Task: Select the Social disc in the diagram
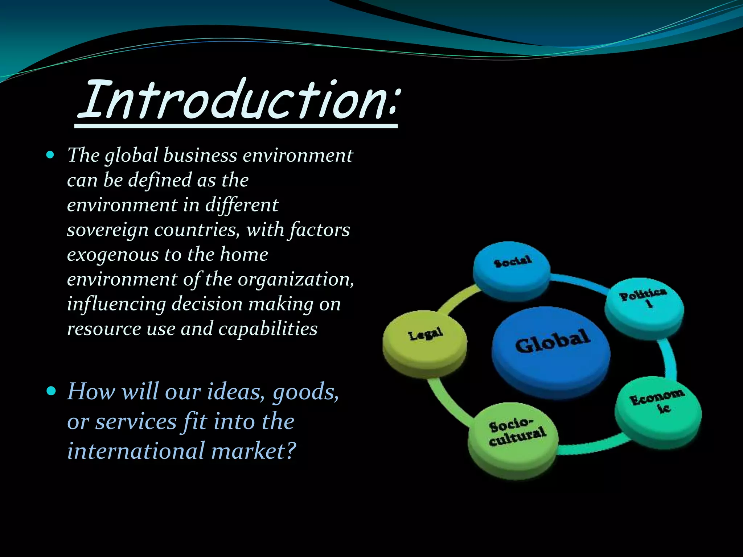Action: (512, 268)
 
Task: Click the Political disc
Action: (644, 305)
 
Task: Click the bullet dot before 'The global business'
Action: (50, 156)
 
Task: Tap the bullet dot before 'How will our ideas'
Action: (51, 391)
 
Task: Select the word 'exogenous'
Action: (113, 255)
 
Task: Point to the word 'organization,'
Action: (296, 280)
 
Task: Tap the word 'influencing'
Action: (116, 304)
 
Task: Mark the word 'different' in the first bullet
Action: (242, 205)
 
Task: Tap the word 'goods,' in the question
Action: (305, 392)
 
